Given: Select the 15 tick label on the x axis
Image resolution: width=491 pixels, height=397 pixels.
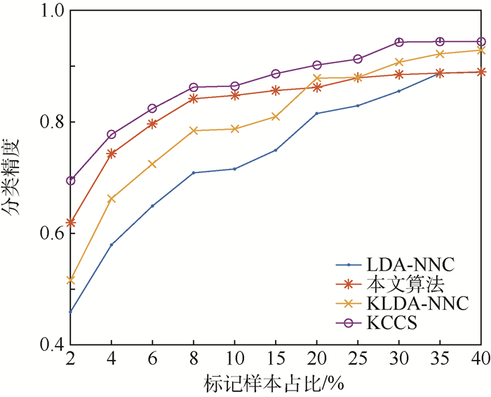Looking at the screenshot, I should click(276, 358).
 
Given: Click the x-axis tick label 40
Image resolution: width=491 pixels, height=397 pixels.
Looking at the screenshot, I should click(481, 358).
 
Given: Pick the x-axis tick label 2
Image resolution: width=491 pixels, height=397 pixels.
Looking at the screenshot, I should click(70, 358).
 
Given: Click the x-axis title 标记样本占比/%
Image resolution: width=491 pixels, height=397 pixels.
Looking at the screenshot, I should click(276, 383).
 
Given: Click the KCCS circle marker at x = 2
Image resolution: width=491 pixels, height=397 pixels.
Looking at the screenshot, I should click(70, 181).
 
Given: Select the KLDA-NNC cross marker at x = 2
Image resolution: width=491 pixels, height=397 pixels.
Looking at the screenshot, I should click(70, 280).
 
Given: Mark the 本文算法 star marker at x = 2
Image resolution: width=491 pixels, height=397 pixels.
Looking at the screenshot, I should click(70, 222).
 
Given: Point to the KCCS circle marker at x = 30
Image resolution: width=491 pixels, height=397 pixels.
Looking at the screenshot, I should click(399, 42).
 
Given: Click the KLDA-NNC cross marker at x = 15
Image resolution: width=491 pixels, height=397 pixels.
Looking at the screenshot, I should click(276, 116).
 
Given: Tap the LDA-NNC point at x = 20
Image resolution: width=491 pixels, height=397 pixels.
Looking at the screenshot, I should click(317, 113).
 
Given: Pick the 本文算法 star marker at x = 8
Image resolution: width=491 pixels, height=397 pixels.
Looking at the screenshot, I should click(194, 98).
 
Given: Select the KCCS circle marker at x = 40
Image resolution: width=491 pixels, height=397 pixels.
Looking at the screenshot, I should click(481, 41).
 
